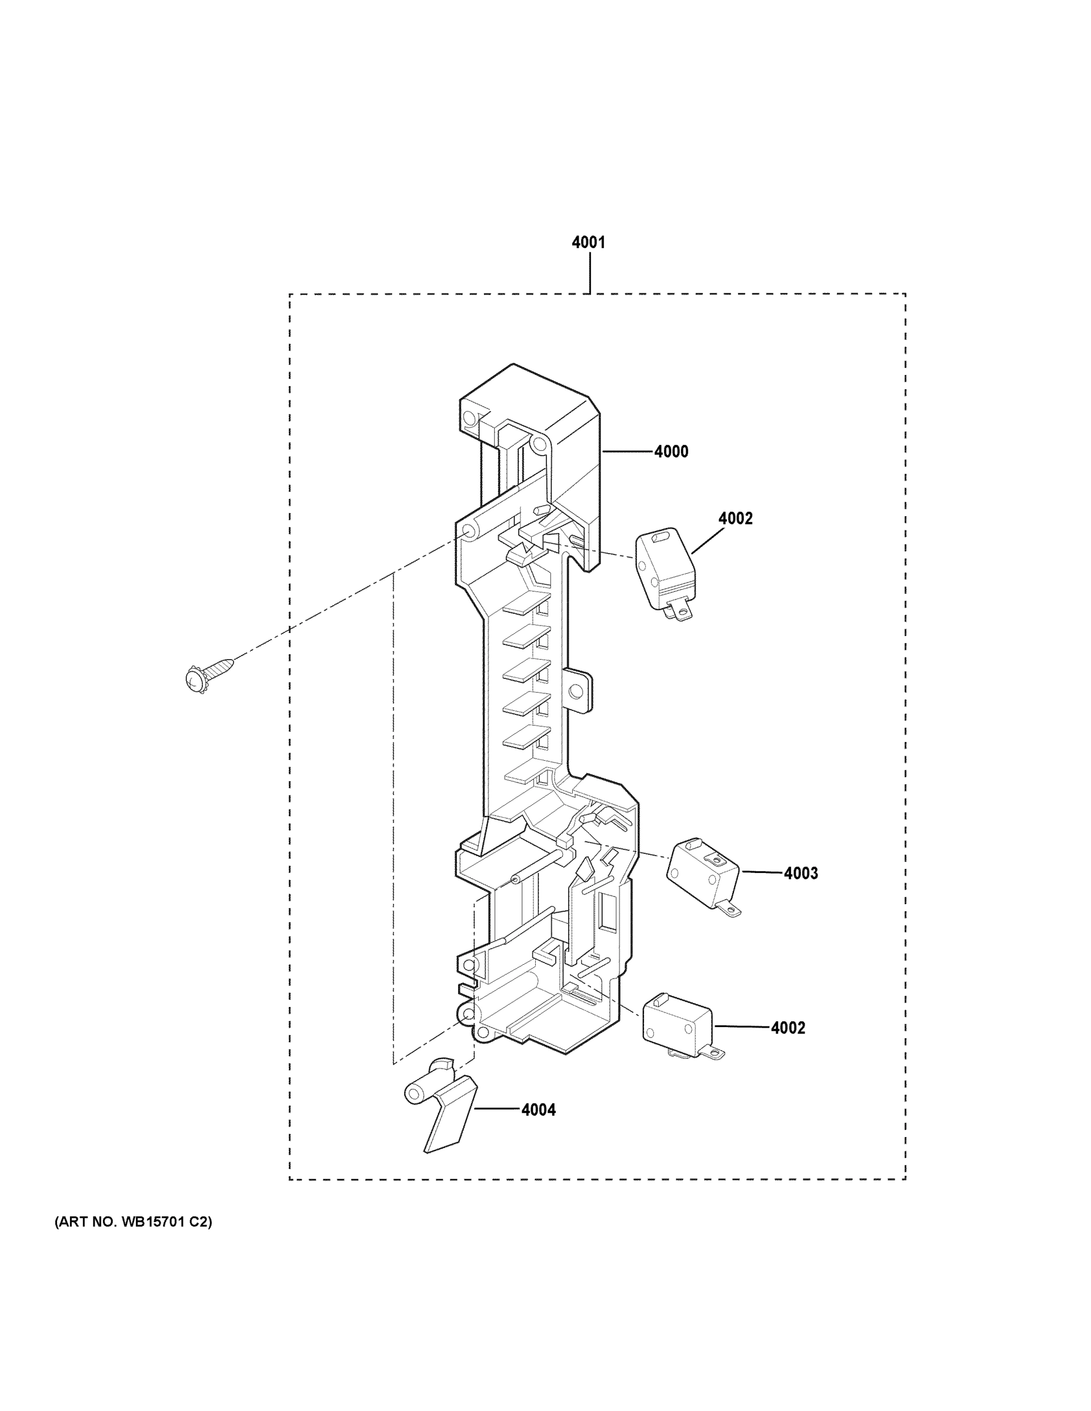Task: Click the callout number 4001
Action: [588, 242]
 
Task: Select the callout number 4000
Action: [671, 452]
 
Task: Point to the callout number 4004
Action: [538, 1110]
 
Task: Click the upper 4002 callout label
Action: [735, 518]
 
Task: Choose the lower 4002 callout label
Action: [788, 1028]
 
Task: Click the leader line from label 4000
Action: [627, 452]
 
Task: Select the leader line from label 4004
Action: [497, 1109]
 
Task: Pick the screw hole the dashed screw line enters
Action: [468, 531]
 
